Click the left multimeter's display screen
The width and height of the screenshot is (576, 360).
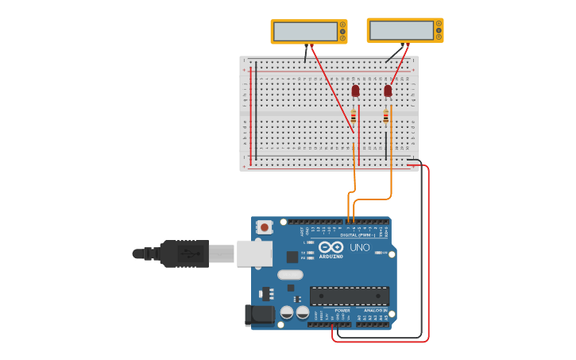click(x=305, y=32)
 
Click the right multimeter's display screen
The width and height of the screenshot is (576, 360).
click(x=401, y=30)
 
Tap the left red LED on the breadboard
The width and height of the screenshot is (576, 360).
click(x=355, y=91)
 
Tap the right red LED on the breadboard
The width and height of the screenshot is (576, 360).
click(x=388, y=91)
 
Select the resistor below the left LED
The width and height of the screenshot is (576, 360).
click(x=354, y=116)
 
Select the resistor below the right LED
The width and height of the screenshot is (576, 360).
click(x=386, y=117)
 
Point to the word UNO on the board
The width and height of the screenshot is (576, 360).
click(x=361, y=248)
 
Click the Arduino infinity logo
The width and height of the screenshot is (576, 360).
click(x=331, y=247)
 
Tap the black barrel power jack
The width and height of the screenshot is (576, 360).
click(x=259, y=315)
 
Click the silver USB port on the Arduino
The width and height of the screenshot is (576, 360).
click(x=254, y=254)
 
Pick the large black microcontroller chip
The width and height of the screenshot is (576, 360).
click(x=349, y=296)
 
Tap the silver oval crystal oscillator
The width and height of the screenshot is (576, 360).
click(x=290, y=274)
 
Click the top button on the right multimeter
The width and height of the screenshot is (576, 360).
click(x=439, y=24)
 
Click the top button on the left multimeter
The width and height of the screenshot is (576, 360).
click(x=342, y=25)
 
